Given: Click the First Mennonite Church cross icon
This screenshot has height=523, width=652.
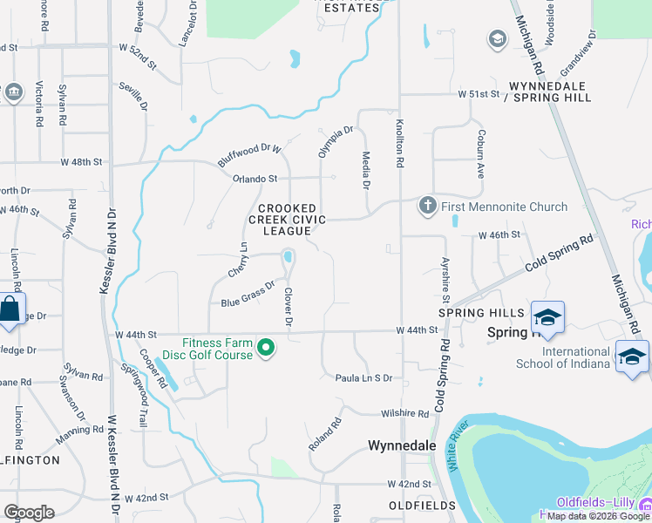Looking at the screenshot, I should coord(427,207).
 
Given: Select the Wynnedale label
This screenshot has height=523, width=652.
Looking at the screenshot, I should coord(402,445).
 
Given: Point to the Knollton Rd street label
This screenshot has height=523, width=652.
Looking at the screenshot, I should coord(399,145).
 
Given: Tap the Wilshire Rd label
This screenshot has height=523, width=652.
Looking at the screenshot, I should coord(406,413).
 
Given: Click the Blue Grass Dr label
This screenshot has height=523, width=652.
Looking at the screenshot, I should coord(248,294).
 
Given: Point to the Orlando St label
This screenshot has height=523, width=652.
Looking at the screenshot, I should coord(255,178).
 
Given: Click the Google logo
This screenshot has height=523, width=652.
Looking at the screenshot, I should coord(30,513).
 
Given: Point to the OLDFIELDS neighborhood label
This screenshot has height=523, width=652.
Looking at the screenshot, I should coord(423,506).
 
